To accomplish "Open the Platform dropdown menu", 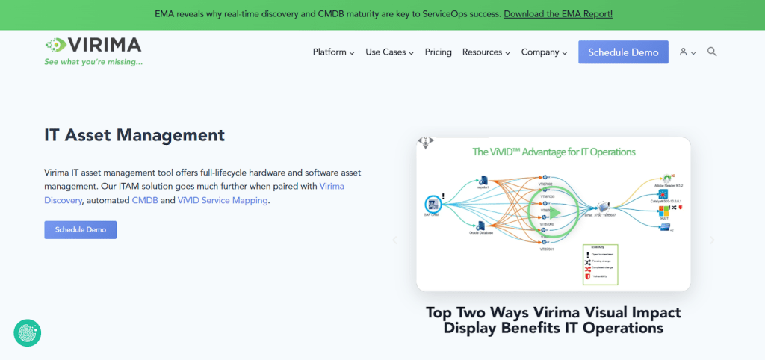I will click(x=333, y=52).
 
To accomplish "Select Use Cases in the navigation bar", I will click(x=389, y=52).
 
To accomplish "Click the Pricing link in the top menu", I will click(x=439, y=52).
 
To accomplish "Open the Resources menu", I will click(x=486, y=52).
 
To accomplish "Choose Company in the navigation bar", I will click(x=544, y=52).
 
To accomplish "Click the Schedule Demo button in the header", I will click(x=623, y=52).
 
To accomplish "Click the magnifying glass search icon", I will click(x=712, y=52).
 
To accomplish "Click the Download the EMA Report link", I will click(x=558, y=14).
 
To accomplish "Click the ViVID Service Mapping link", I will click(x=223, y=200).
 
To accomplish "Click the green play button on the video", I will click(x=553, y=212).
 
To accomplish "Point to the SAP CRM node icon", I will click(x=431, y=203).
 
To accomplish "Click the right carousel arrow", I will click(x=712, y=240).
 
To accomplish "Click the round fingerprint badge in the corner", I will click(x=28, y=333).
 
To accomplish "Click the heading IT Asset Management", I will click(x=134, y=135).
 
